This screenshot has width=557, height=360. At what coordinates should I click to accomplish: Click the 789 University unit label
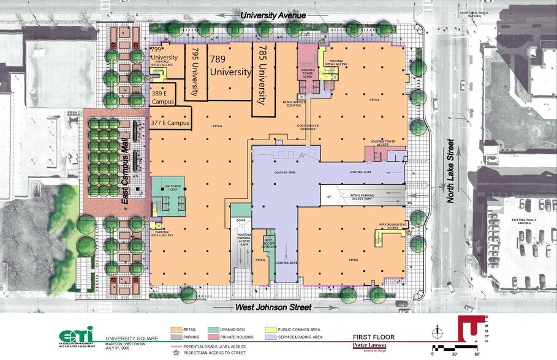tap(230, 66)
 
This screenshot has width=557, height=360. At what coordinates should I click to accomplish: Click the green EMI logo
tap(77, 336)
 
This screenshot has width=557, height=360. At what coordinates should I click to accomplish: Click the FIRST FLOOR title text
tap(373, 337)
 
